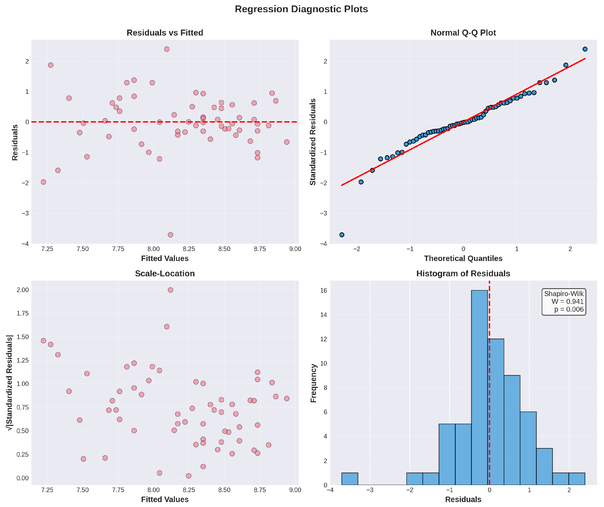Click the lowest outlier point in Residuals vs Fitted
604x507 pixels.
point(170,235)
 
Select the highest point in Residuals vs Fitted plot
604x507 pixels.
point(166,49)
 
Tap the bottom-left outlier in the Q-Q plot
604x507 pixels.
point(342,235)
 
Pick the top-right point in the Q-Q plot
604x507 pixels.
point(585,49)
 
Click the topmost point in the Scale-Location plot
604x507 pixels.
point(170,290)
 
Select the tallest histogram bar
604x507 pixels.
point(479,387)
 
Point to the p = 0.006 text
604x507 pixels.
point(569,310)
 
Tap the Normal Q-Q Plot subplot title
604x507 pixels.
point(463,33)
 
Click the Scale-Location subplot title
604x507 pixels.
point(165,274)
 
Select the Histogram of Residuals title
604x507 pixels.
point(463,274)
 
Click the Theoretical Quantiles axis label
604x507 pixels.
point(463,258)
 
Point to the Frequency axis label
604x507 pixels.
point(314,383)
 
